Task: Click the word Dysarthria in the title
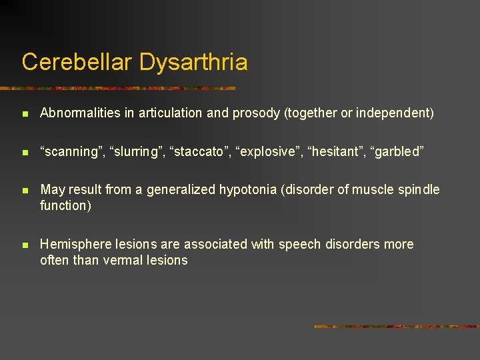pos(193,62)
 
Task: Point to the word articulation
pos(171,113)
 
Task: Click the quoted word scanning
pos(69,151)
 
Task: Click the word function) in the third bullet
pos(65,205)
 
